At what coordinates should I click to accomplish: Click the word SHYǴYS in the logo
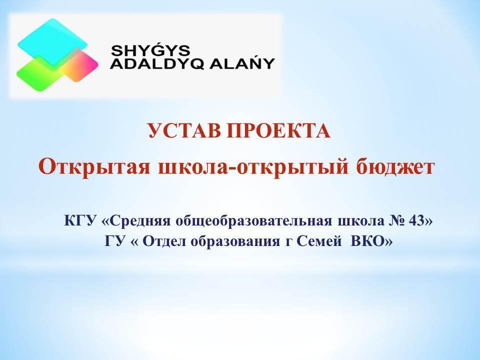pyautogui.click(x=150, y=50)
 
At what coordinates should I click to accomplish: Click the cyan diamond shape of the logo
pyautogui.click(x=52, y=42)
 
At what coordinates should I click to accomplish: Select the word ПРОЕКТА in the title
pyautogui.click(x=278, y=130)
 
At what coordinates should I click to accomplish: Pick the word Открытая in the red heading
pyautogui.click(x=94, y=167)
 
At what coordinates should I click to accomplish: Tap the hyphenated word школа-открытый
pyautogui.click(x=253, y=167)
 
